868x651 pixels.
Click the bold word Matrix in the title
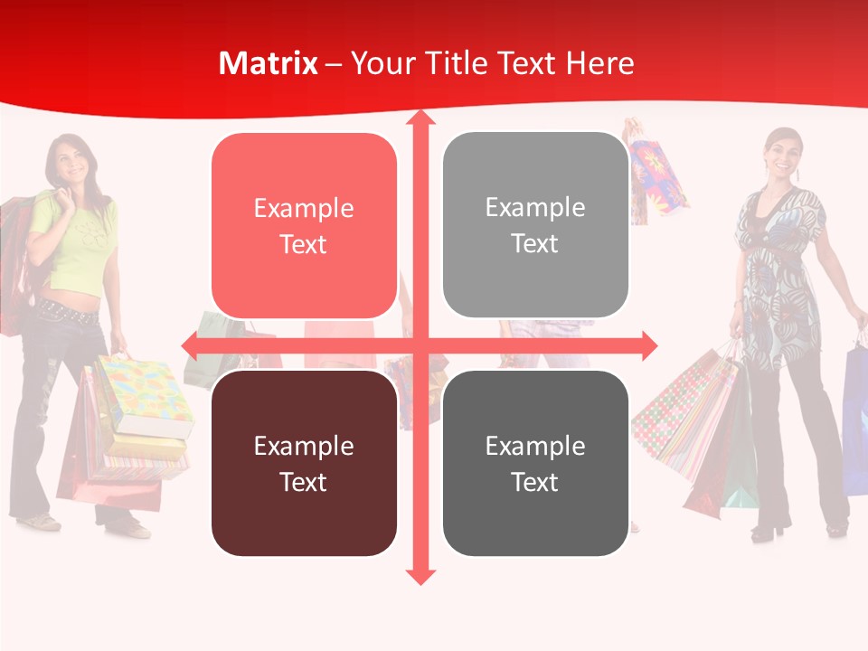pos(268,63)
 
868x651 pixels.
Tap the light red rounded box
pos(304,226)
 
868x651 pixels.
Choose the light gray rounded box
pos(535,225)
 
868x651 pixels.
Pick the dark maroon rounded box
pos(304,463)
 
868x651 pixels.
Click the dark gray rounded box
pos(535,463)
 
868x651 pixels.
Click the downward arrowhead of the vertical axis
pos(420,575)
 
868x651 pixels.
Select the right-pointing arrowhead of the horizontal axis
pos(647,345)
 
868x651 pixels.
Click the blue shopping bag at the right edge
pos(854,416)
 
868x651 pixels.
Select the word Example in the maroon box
pos(304,446)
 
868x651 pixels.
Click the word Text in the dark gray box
pos(535,482)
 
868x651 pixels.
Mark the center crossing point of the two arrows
pos(420,345)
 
